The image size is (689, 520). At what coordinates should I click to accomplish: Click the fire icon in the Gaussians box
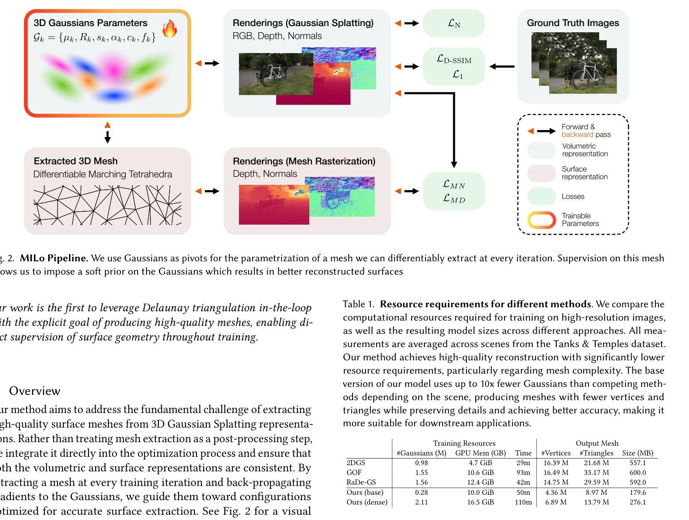pos(169,28)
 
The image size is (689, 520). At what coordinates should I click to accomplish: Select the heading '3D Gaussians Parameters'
pos(90,23)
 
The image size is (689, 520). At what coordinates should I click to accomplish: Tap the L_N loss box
pos(454,23)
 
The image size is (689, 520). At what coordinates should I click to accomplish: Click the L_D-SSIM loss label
pos(454,59)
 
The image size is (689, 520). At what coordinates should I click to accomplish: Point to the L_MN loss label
pos(454,184)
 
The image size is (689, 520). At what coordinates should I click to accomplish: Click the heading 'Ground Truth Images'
pos(573,23)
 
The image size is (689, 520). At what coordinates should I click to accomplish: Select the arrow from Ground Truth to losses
pos(502,67)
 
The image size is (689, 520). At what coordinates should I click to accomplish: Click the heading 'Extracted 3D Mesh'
pos(76,161)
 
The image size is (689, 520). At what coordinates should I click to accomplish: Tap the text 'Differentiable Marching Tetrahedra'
pos(103,174)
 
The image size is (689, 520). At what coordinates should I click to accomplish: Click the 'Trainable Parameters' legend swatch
pos(541,220)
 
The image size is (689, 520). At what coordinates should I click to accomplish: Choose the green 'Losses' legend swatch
pos(541,196)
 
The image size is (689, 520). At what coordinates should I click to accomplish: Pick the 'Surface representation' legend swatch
pos(541,173)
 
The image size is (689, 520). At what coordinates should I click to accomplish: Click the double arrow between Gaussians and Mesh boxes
pos(107,133)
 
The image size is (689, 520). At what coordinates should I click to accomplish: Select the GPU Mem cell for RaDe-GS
pos(480,482)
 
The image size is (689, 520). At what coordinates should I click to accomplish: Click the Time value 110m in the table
pos(523,502)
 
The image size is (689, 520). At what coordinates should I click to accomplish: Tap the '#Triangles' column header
pos(596,453)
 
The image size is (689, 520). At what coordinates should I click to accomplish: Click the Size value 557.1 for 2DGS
pos(637,463)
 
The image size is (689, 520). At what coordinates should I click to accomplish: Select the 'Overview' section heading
pos(35,391)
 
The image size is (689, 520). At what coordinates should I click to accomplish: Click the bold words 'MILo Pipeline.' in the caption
pos(54,258)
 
